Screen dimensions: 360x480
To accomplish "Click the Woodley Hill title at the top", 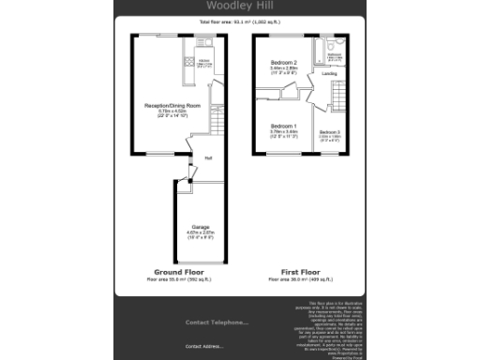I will pyautogui.click(x=240, y=7).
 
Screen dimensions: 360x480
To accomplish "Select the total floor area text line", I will pyautogui.click(x=240, y=21).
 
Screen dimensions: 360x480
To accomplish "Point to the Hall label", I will pyautogui.click(x=207, y=157).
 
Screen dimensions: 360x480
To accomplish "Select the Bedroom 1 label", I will pyautogui.click(x=283, y=126).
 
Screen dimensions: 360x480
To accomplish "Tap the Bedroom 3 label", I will pyautogui.click(x=329, y=132).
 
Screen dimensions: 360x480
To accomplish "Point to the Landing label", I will pyautogui.click(x=330, y=73).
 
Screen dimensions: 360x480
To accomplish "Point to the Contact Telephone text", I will pyautogui.click(x=217, y=322).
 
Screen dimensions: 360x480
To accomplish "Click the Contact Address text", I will pyautogui.click(x=204, y=347).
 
